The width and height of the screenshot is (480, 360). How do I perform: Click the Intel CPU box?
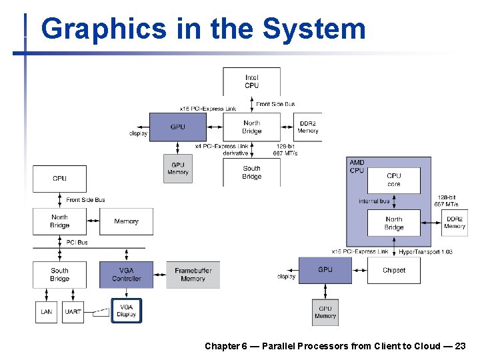point(251,81)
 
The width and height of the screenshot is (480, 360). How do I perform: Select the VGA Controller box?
point(126,275)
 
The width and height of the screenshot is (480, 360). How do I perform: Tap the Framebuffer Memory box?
point(193,275)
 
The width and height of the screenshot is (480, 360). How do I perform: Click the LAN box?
point(46,312)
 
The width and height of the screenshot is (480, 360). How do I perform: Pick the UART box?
point(73,312)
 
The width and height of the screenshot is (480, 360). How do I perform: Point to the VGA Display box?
point(126,311)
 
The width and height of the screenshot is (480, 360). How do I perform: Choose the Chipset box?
point(394,270)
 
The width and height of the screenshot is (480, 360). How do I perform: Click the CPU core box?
point(394,180)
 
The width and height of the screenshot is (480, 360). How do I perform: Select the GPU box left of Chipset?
point(325,270)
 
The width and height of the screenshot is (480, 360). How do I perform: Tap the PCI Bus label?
point(77,243)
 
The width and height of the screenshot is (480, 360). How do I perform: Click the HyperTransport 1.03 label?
point(425,252)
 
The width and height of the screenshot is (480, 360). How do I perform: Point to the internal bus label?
point(374,201)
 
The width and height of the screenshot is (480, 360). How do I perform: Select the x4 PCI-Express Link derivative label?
point(221,149)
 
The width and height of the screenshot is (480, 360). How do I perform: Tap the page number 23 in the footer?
point(459,346)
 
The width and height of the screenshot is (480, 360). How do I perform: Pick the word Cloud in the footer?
point(426,346)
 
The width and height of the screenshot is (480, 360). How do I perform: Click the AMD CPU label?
point(357,167)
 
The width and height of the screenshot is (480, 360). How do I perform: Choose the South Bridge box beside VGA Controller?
point(59,275)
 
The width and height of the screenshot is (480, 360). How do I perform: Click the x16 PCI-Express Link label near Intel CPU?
point(208,109)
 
